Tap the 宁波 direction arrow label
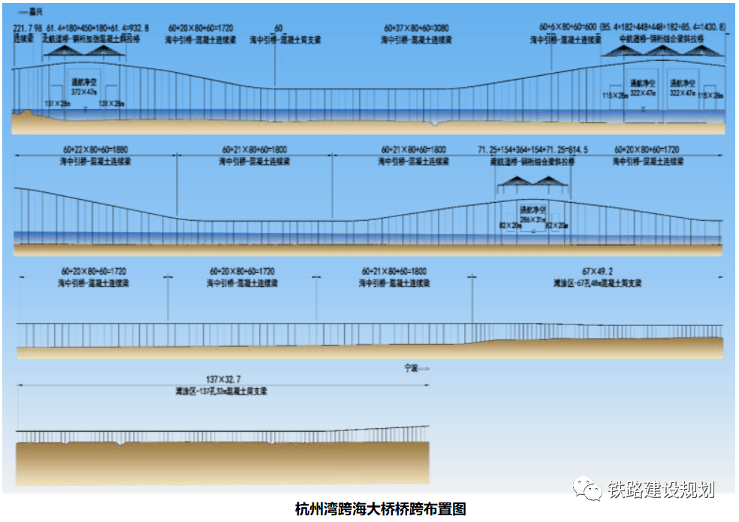415,368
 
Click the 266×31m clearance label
535,219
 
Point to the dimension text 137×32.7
223,380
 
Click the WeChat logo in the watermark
587,489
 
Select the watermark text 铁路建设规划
661,489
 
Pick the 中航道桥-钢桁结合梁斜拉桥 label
662,38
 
